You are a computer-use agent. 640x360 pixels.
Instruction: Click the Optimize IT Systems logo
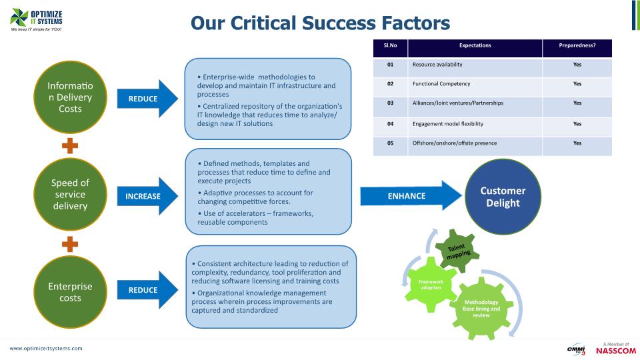[x=37, y=21]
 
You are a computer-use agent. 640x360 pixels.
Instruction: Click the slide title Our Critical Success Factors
[x=320, y=23]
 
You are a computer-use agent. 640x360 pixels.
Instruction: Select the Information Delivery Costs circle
[x=70, y=98]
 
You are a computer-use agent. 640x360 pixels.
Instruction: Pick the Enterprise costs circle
[x=70, y=292]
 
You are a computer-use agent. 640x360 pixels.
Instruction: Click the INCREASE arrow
[x=148, y=196]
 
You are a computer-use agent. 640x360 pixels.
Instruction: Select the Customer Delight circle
[x=503, y=197]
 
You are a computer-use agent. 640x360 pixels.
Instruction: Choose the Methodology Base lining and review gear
[x=481, y=309]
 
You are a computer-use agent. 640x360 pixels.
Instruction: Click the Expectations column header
[x=475, y=45]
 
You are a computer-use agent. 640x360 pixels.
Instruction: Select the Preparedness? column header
[x=577, y=45]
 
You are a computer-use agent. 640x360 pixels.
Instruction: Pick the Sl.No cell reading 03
[x=391, y=103]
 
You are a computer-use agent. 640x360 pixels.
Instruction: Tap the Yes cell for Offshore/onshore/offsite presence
[x=577, y=143]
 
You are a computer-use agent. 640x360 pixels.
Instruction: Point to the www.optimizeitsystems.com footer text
[x=46, y=349]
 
